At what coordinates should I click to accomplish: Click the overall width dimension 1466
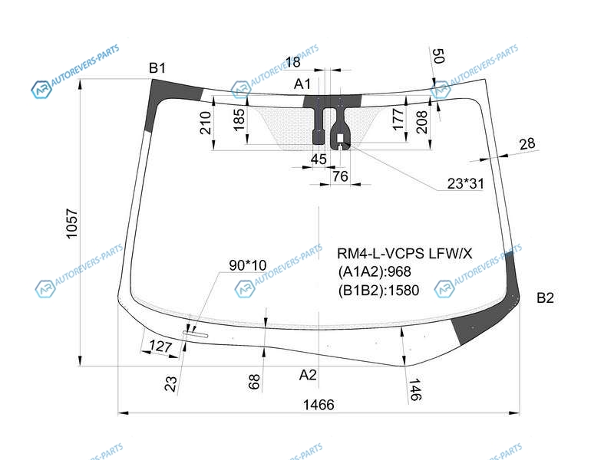tap(319, 405)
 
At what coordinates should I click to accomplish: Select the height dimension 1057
tap(72, 223)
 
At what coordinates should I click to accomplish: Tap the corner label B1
tap(157, 68)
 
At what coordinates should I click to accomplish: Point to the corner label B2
tap(545, 298)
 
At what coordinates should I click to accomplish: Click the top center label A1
tap(302, 84)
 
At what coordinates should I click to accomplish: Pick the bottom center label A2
tap(308, 375)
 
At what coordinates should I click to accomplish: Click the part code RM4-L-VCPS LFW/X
tap(404, 254)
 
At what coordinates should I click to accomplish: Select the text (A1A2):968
tap(375, 271)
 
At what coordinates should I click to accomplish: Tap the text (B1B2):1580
tap(378, 291)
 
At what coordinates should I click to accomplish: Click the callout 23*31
tap(466, 183)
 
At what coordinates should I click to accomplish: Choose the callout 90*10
tap(247, 265)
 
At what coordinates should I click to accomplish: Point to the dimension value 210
tap(206, 123)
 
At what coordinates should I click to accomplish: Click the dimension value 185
tap(239, 120)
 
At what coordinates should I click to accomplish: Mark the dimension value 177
tap(398, 120)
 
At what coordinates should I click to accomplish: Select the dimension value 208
tap(421, 122)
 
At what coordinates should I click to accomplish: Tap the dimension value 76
tap(340, 176)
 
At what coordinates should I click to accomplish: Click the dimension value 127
tap(160, 347)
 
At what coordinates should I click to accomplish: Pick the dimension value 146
tap(415, 389)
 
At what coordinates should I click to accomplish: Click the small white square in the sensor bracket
tap(340, 137)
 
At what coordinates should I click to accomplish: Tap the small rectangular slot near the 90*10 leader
tap(196, 334)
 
